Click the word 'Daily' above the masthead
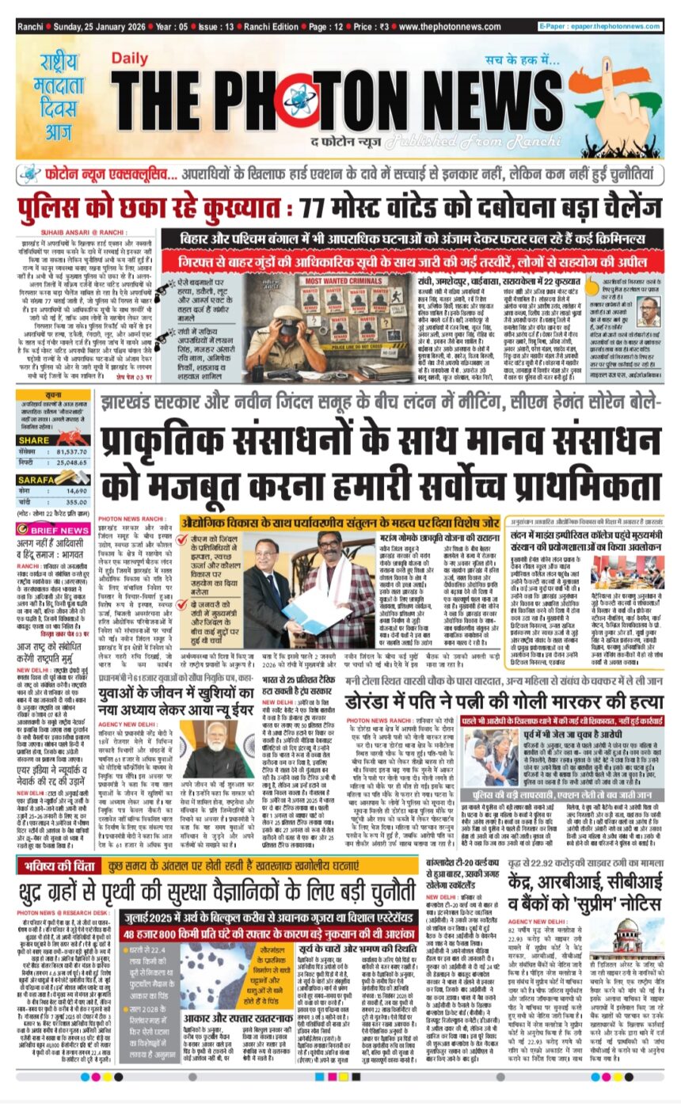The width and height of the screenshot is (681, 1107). tap(131, 58)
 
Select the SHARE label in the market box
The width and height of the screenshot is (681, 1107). tap(34, 440)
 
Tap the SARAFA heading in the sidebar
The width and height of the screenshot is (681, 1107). tap(36, 480)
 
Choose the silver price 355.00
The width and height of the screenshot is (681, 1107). tap(76, 502)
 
